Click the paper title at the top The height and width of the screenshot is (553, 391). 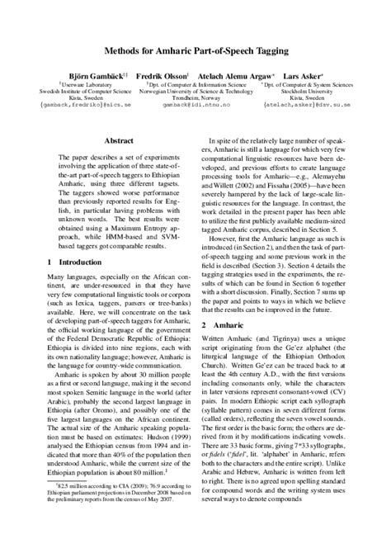[195, 51]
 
